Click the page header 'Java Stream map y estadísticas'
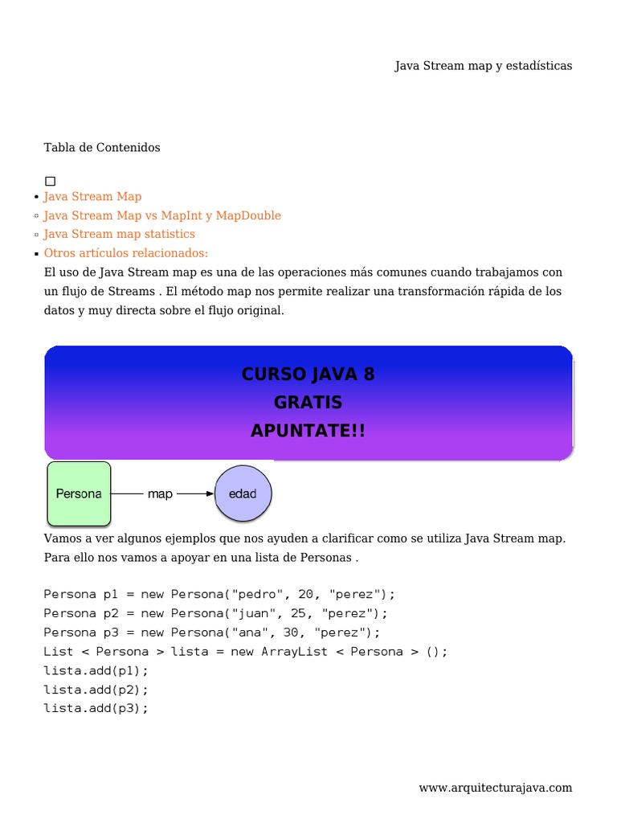(x=483, y=66)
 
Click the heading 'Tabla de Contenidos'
(x=102, y=148)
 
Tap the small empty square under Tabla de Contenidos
(x=51, y=182)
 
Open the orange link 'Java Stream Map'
(x=92, y=197)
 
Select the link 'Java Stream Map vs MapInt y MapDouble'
(x=162, y=216)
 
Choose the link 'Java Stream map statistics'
(x=119, y=235)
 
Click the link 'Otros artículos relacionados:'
(x=125, y=253)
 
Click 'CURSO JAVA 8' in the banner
(x=308, y=375)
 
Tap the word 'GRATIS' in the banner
(x=308, y=403)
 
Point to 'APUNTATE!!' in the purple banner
(x=308, y=432)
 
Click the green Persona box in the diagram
(x=79, y=493)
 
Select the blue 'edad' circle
(x=243, y=493)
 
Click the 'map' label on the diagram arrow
(x=160, y=494)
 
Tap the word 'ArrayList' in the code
(x=295, y=652)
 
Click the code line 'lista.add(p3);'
(x=96, y=709)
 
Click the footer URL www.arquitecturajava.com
(x=495, y=788)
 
